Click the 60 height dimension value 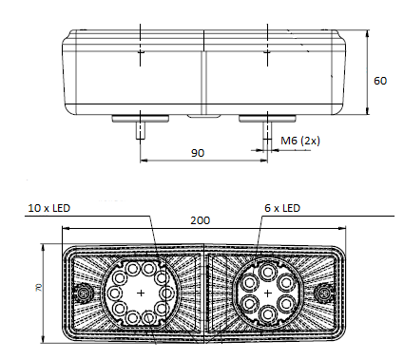(x=379, y=81)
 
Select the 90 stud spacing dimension (x=197, y=151)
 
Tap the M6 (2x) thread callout (x=299, y=142)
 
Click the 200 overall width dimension (x=200, y=219)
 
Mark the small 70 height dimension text (x=36, y=287)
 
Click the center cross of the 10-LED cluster (x=142, y=294)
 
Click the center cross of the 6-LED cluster (x=268, y=294)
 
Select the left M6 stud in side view (x=141, y=132)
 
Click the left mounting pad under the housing (x=141, y=119)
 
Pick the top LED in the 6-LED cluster (x=268, y=269)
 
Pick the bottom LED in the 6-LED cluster (x=268, y=318)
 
